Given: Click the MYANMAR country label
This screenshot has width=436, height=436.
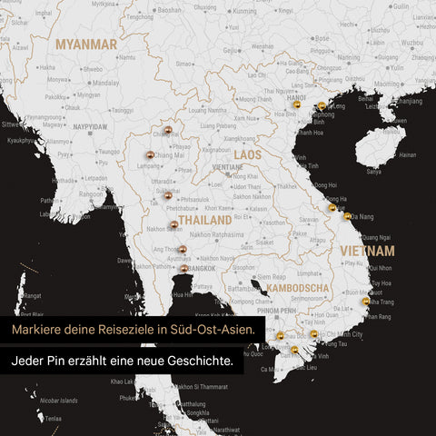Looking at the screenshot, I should [x=85, y=43].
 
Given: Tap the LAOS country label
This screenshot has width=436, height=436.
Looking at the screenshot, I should [x=247, y=155].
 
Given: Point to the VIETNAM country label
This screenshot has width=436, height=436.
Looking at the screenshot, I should [x=367, y=250].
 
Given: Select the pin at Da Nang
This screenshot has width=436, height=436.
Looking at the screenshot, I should [x=347, y=215].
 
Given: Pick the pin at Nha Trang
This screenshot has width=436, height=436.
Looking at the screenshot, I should [x=366, y=301].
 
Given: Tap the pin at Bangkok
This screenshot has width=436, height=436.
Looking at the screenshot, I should [x=183, y=268].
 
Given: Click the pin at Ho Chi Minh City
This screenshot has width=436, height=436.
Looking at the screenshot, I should [x=313, y=334].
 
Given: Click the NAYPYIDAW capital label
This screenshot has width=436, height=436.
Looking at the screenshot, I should [x=90, y=126].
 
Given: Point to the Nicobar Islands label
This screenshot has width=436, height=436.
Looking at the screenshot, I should [x=59, y=400].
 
